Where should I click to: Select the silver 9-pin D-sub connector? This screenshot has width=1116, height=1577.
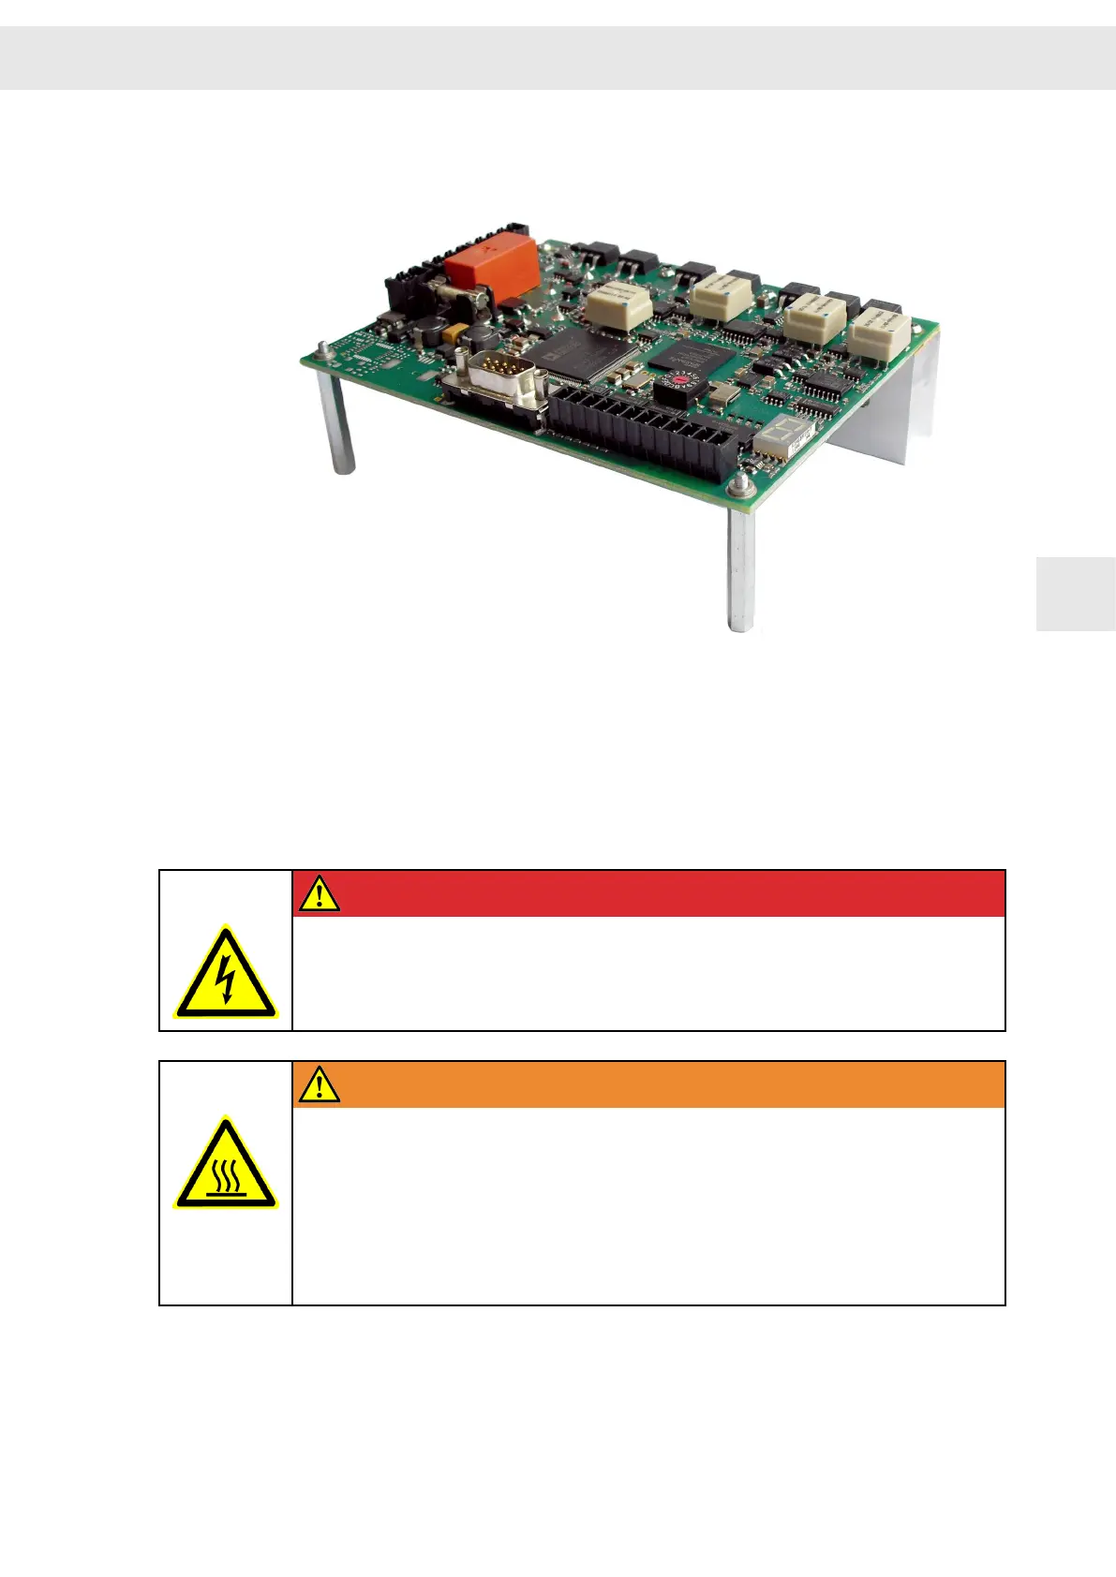point(500,382)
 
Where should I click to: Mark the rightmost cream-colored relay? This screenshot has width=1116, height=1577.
point(881,331)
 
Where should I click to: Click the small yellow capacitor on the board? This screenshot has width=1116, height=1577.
point(455,332)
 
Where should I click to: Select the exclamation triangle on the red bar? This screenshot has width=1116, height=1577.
point(320,894)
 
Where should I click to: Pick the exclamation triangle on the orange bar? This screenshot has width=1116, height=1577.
point(320,1085)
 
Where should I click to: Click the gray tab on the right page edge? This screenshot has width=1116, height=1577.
point(1076,594)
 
